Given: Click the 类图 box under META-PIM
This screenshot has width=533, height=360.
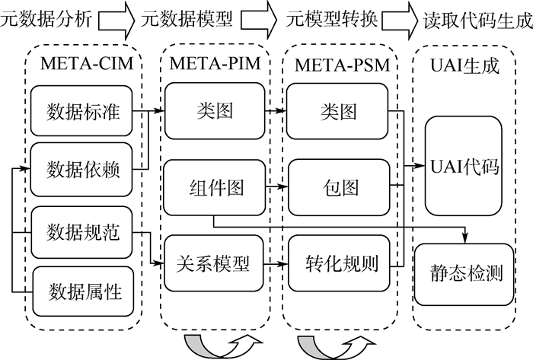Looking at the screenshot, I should [x=214, y=112].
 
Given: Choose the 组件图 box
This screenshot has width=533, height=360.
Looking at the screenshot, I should [x=214, y=186].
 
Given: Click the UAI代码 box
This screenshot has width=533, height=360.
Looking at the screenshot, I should [x=465, y=165].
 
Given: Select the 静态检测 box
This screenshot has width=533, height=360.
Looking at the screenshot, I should [x=465, y=272].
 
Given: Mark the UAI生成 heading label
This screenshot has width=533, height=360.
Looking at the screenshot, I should [x=465, y=65].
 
